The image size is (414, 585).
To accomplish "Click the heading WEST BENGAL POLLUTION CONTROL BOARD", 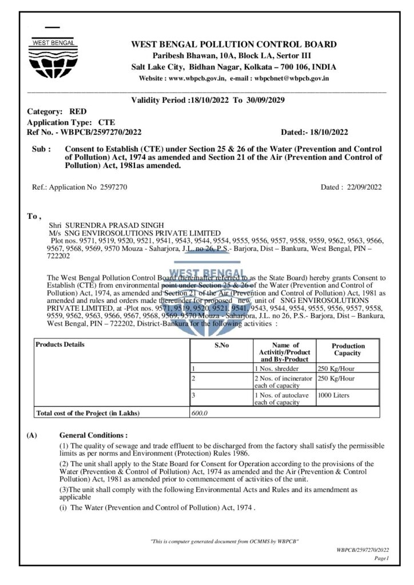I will pyautogui.click(x=234, y=45).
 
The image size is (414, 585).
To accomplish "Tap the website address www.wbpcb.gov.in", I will pyautogui.click(x=197, y=78).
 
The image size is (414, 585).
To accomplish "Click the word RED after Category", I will pyautogui.click(x=78, y=111).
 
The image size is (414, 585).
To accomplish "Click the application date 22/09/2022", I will pyautogui.click(x=363, y=186).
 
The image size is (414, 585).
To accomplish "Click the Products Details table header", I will pyautogui.click(x=60, y=344).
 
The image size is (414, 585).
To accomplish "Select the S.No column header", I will pyautogui.click(x=221, y=345).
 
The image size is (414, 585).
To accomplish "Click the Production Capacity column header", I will pyautogui.click(x=348, y=349).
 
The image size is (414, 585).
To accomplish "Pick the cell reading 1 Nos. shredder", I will pyautogui.click(x=276, y=368).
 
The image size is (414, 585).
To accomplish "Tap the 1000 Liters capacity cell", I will pyautogui.click(x=334, y=395).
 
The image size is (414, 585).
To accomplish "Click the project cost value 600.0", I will pyautogui.click(x=199, y=413).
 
